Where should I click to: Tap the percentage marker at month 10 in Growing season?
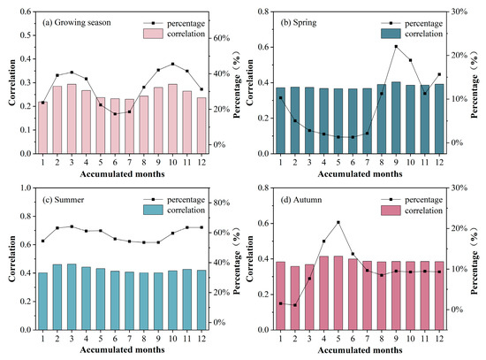click(172, 64)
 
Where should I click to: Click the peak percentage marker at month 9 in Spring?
click(396, 46)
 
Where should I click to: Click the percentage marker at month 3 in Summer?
click(71, 226)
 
